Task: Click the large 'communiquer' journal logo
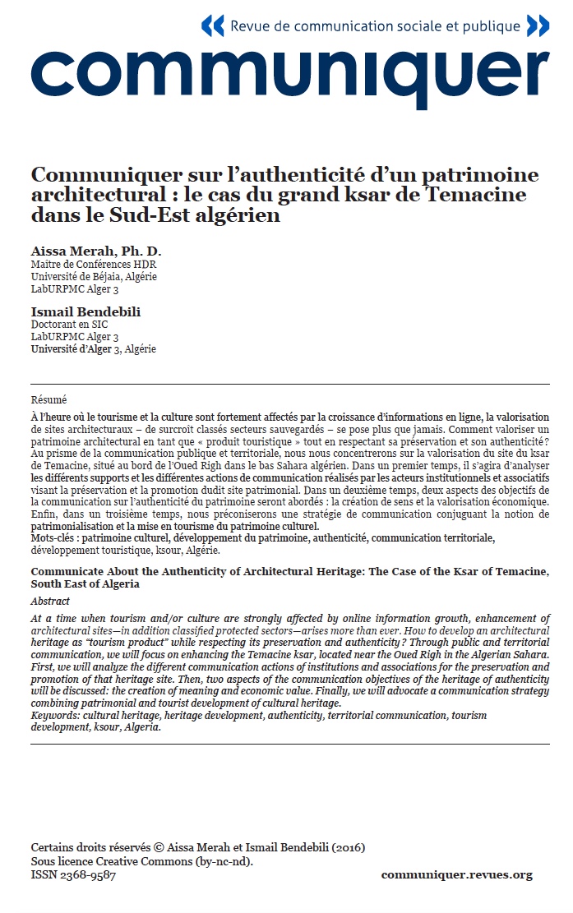point(290,75)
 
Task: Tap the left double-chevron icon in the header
point(212,25)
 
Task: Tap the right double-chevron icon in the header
point(538,25)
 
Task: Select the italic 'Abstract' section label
point(50,601)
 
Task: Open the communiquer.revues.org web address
point(456,875)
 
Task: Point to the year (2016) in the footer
point(347,847)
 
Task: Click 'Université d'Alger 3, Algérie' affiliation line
point(93,348)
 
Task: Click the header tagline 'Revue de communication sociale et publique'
point(375,26)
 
